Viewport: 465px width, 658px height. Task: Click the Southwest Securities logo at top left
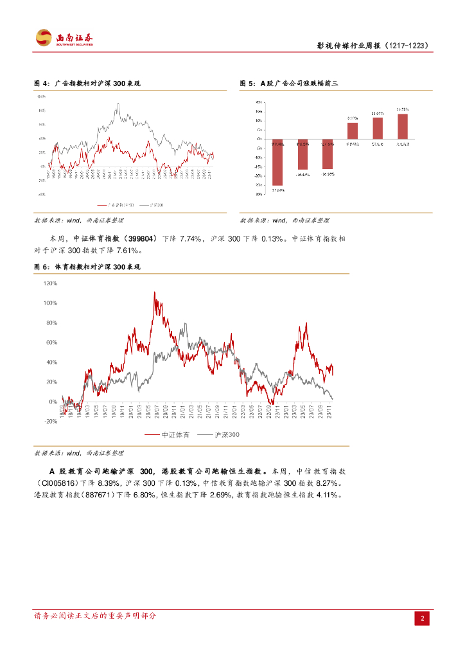pos(64,38)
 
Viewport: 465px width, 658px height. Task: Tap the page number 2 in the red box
pos(423,619)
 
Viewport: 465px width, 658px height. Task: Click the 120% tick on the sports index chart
pos(51,283)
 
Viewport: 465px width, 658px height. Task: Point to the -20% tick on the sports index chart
pos(51,421)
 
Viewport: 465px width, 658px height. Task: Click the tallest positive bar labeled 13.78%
pos(402,127)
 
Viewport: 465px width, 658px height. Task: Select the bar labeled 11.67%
pos(378,128)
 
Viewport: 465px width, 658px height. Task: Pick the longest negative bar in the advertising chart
pos(277,162)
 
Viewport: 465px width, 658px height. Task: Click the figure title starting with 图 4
pos(87,84)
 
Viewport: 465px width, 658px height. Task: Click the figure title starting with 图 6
pos(87,266)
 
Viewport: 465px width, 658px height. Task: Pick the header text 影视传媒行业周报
pos(349,46)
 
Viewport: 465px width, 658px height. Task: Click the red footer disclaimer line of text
pos(94,616)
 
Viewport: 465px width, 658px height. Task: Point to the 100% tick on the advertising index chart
pos(41,96)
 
